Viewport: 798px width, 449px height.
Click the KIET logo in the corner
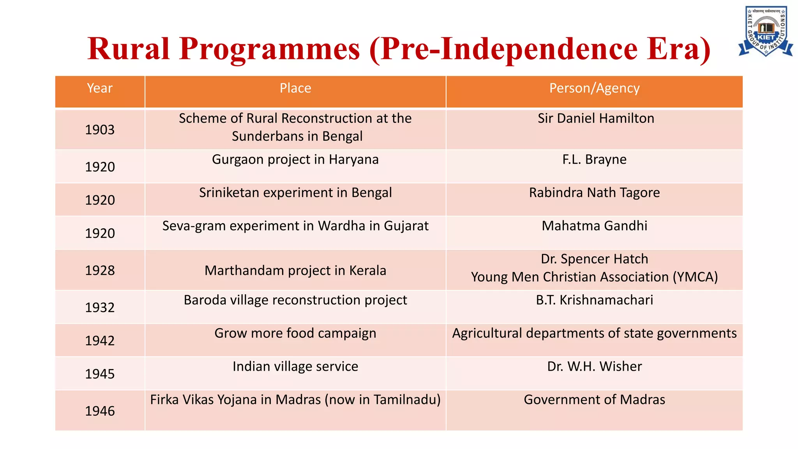(x=765, y=31)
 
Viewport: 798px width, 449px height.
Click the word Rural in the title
(x=129, y=49)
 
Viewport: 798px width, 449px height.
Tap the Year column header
(x=100, y=88)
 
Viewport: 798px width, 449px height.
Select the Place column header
(x=295, y=88)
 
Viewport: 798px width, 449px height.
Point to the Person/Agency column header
(x=594, y=88)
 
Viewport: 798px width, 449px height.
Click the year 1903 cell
(x=100, y=130)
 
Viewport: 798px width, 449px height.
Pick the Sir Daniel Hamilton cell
(x=596, y=118)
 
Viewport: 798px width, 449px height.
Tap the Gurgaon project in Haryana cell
(x=295, y=159)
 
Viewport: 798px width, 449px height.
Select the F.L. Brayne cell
(x=594, y=159)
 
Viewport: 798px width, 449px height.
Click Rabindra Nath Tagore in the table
(x=594, y=193)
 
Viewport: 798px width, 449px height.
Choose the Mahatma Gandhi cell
(x=594, y=226)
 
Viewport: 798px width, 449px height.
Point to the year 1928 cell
(x=100, y=270)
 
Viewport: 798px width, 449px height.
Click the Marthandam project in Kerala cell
(x=295, y=270)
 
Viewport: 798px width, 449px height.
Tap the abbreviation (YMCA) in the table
(x=695, y=277)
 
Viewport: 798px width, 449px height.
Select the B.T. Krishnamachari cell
(x=594, y=300)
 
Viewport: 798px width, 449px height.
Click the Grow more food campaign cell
(x=295, y=333)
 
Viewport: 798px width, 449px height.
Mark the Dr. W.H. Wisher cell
(x=594, y=366)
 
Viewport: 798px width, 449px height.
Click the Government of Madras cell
(x=594, y=400)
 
